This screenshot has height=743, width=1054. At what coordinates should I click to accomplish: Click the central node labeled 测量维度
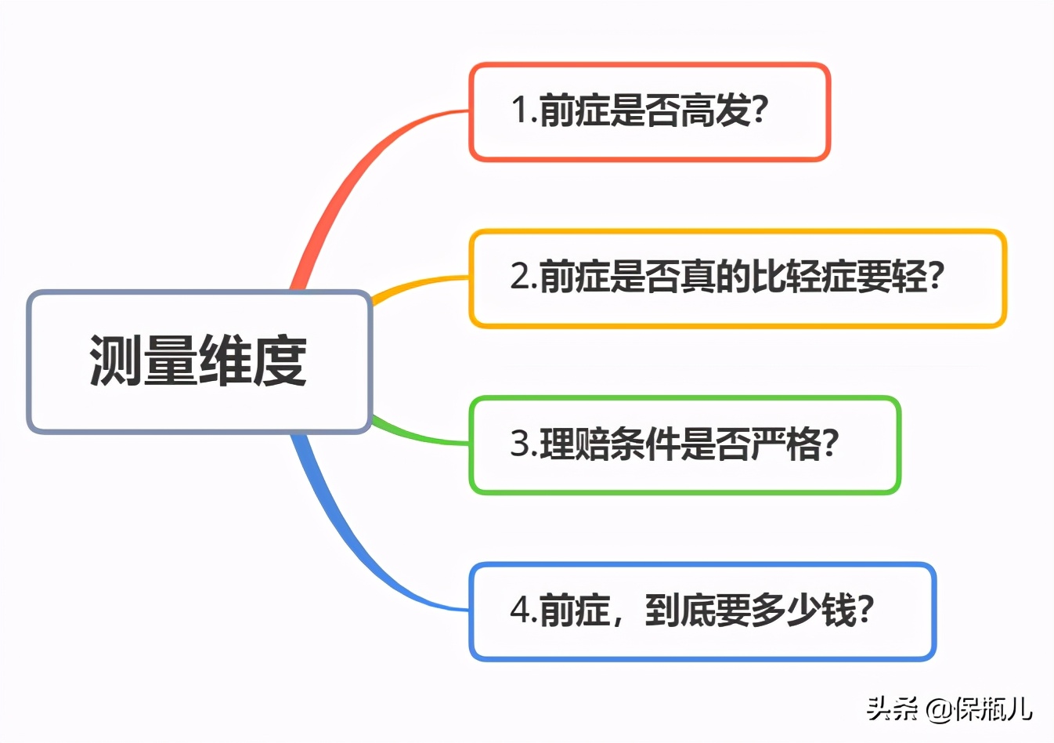199,361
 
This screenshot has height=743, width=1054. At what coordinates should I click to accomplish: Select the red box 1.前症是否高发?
649,112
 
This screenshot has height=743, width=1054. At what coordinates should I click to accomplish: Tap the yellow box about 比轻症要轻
737,278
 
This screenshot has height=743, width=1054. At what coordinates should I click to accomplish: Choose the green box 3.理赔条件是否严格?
684,445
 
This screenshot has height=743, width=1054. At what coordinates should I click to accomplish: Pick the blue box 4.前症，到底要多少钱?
702,611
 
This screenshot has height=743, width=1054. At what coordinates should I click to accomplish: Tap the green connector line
419,435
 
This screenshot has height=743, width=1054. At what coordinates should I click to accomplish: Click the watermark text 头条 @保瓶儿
949,709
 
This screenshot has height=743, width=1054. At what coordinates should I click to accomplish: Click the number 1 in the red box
519,111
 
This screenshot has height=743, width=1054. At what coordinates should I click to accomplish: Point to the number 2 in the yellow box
521,277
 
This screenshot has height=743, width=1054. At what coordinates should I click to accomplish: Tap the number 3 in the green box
521,444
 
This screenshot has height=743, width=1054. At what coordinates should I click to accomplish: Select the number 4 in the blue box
521,611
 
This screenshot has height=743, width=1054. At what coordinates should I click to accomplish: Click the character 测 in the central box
116,361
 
